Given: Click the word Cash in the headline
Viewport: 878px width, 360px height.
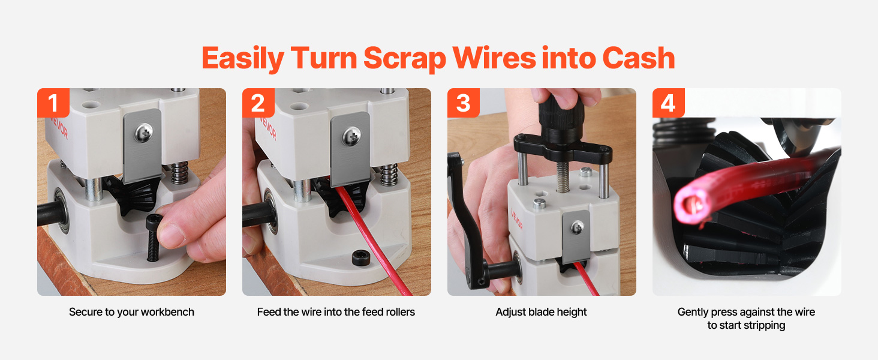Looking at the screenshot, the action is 639,58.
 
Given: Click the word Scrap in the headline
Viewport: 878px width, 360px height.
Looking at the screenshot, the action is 405,59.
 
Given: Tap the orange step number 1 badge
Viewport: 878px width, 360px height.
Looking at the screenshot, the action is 53,103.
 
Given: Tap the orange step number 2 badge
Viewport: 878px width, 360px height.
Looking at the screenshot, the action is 258,103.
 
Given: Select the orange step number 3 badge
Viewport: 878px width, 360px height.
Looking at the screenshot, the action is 464,103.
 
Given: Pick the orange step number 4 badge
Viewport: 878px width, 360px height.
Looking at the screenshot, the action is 668,103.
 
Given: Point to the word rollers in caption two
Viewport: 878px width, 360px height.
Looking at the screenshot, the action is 401,312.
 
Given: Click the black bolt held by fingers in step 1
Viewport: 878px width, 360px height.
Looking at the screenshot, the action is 152,238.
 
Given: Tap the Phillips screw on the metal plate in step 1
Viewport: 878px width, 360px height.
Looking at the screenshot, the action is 144,133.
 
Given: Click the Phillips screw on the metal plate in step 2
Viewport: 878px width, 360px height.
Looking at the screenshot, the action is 351,137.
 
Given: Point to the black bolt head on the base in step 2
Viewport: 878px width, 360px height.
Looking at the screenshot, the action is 361,259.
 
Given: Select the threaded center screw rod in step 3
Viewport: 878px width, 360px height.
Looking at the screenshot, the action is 563,177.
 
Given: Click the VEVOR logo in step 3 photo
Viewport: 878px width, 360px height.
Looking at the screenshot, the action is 516,221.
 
